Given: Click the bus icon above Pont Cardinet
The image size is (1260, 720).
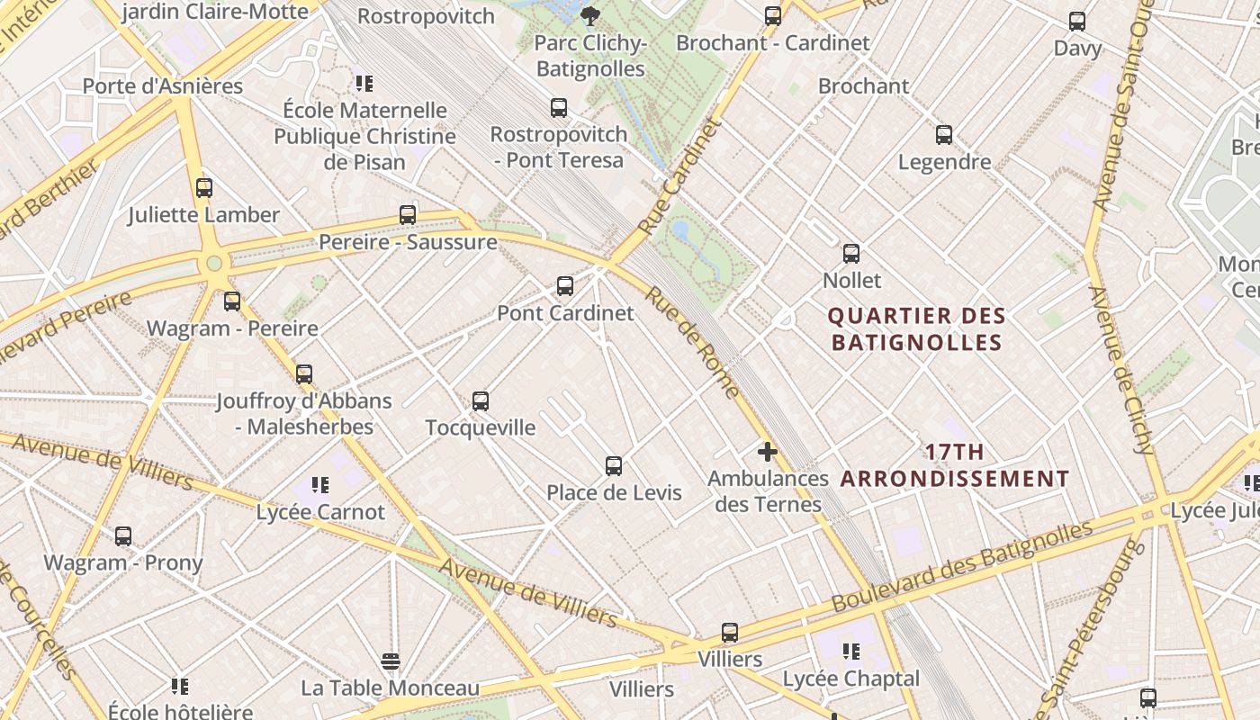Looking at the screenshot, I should [564, 286].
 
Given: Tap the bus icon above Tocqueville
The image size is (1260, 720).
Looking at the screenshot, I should [481, 400].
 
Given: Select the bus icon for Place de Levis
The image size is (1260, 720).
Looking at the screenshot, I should [614, 466].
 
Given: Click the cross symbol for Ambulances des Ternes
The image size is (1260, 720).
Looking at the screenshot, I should [768, 452].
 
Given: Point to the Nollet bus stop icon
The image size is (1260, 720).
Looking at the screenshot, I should [851, 254].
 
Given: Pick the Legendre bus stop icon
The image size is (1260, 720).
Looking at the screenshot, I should [944, 135].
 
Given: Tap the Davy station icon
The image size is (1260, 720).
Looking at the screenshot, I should [1077, 22].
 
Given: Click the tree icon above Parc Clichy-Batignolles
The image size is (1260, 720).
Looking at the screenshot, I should [590, 15].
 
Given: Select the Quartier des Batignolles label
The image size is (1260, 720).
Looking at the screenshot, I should [916, 329].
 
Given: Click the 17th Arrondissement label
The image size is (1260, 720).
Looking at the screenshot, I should [955, 465].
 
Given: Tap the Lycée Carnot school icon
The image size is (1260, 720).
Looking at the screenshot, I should [320, 485].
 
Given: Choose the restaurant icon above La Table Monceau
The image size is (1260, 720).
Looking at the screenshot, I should [390, 661].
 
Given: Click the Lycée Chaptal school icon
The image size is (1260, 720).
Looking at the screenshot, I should [850, 652].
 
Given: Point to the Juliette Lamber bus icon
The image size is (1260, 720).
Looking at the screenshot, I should [204, 188].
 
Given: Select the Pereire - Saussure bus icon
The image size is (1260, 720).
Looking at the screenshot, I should [408, 215].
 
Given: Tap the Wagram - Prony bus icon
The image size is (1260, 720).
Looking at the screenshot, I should [123, 536].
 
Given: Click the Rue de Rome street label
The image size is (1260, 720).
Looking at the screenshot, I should [692, 343].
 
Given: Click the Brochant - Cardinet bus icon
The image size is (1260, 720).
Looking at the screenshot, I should [773, 16].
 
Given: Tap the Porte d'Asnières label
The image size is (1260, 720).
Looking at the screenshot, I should [163, 86].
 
